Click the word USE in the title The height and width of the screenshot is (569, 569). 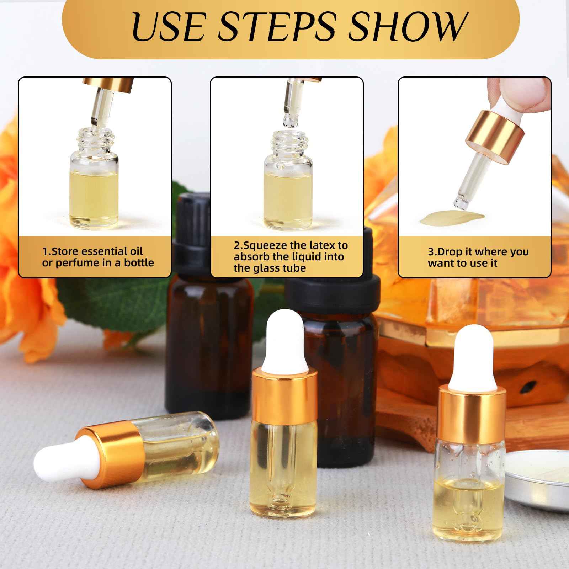[167, 28]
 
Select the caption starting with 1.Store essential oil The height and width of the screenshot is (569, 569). [97, 257]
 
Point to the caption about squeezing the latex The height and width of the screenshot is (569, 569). [291, 256]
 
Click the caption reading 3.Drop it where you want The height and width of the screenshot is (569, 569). [478, 257]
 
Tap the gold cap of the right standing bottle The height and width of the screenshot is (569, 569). [471, 409]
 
